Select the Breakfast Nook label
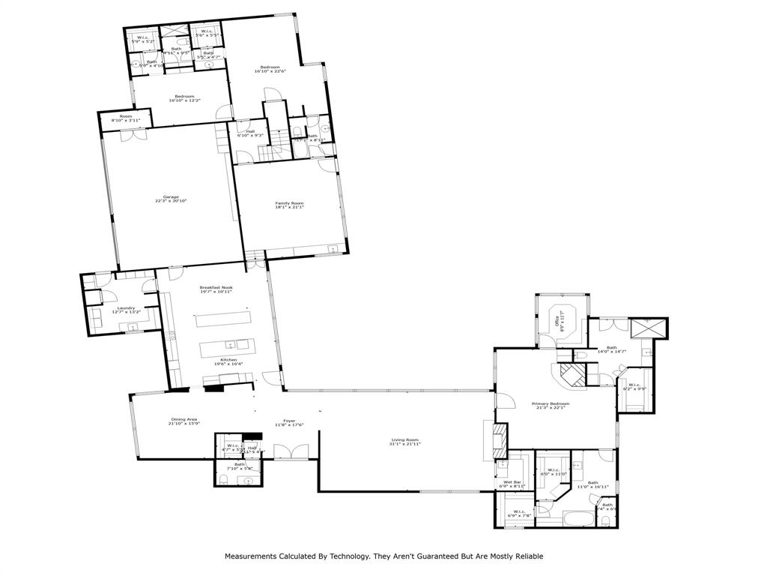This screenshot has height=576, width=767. point(216,289)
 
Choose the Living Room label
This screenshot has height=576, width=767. point(404,442)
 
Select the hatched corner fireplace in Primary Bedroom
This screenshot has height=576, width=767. point(574,375)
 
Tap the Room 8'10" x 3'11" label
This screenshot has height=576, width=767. point(126,118)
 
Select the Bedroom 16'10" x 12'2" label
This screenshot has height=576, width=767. point(185,98)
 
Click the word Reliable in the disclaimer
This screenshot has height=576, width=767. point(526,556)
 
